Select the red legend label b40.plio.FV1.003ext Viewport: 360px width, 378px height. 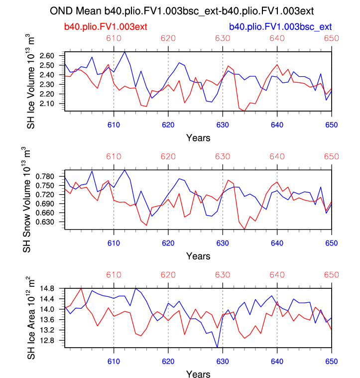tap(105, 26)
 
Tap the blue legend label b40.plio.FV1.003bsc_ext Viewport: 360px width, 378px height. tap(280, 26)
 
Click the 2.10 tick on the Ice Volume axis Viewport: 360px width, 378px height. tap(52, 103)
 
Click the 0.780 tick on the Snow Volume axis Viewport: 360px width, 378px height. tap(50, 177)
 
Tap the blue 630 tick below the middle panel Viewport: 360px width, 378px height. tap(222, 243)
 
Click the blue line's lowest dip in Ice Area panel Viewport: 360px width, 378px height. tap(217, 347)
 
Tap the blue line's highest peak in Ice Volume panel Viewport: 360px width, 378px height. tap(124, 52)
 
